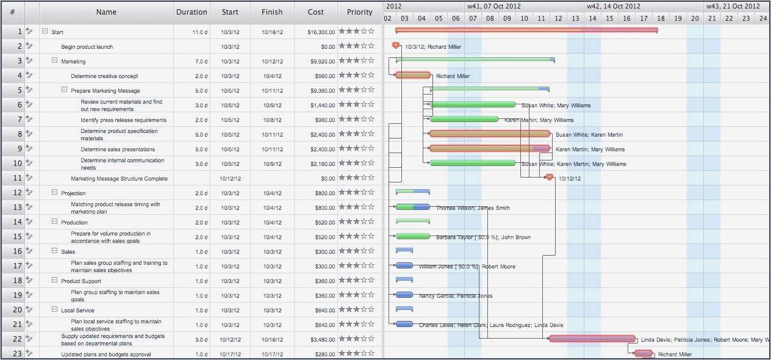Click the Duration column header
point(192,12)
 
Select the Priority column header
point(360,12)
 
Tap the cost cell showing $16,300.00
point(321,32)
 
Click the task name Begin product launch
point(87,47)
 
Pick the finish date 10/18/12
point(272,32)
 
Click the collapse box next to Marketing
point(54,60)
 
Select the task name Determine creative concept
point(104,76)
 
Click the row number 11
point(17,178)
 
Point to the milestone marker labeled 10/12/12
point(549,177)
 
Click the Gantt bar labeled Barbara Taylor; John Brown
point(412,236)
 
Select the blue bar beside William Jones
point(404,265)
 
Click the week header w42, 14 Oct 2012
point(614,6)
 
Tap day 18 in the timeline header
point(661,18)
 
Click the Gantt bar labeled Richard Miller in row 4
point(413,75)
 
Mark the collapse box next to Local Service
point(54,309)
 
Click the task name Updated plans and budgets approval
point(106,355)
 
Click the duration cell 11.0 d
point(199,32)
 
